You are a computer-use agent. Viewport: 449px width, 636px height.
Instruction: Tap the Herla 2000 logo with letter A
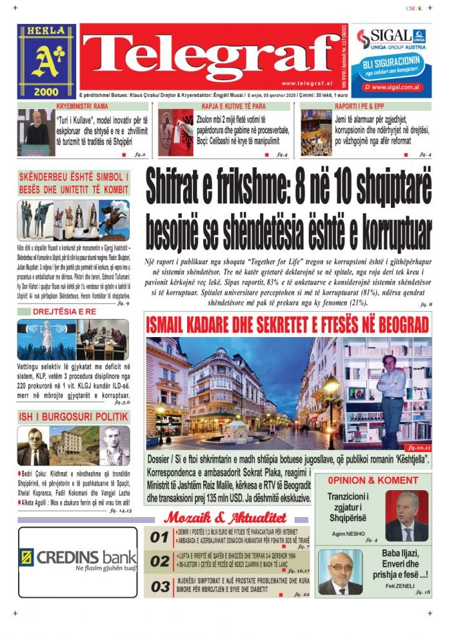tap(46, 61)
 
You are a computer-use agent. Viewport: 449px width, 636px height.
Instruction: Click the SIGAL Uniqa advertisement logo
tap(392, 39)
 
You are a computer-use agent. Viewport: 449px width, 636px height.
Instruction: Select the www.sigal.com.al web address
tap(395, 87)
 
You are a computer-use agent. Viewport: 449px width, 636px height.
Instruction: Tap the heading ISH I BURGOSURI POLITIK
tap(74, 416)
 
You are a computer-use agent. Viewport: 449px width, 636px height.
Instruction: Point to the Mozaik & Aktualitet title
tap(225, 518)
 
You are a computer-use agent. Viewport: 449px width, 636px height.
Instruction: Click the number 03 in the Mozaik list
tap(159, 587)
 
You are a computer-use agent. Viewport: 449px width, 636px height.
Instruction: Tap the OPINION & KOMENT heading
tap(372, 480)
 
